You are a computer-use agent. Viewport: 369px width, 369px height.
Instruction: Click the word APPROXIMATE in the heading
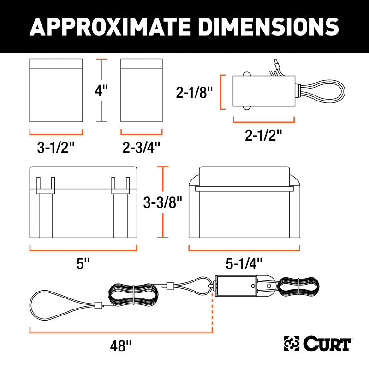[110, 27]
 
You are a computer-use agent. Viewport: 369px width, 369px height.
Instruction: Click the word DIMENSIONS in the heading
[268, 27]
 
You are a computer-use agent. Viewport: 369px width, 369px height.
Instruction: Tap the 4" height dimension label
[101, 90]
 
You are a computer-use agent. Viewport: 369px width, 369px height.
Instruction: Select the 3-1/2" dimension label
[56, 147]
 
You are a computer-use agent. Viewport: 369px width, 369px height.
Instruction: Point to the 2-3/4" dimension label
[141, 147]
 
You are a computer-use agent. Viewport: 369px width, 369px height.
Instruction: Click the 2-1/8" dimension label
[194, 92]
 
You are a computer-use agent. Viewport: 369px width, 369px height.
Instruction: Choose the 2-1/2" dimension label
[263, 135]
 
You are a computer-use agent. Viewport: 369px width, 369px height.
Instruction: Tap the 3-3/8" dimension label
[163, 202]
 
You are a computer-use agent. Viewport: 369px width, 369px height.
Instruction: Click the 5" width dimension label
[83, 263]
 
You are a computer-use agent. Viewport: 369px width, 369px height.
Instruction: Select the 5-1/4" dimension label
[244, 263]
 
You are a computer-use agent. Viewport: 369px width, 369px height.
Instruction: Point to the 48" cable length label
[121, 346]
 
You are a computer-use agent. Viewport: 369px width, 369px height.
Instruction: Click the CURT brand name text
[327, 344]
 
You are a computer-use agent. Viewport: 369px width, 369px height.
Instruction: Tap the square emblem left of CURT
[292, 344]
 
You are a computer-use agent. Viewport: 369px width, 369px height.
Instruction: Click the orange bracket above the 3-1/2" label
[56, 134]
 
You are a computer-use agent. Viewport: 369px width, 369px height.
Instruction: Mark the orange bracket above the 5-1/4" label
[244, 250]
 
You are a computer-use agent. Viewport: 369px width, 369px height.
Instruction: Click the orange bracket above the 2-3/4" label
[142, 134]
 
